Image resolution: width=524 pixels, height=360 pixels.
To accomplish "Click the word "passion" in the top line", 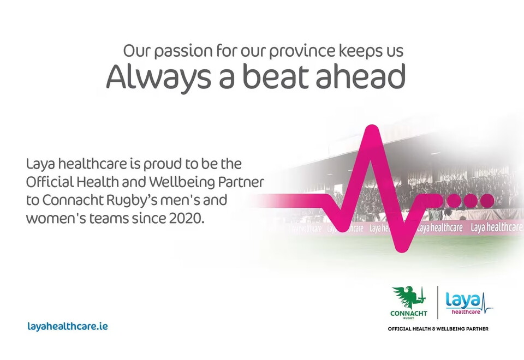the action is (183, 51).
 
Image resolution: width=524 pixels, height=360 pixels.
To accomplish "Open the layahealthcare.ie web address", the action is (68, 326).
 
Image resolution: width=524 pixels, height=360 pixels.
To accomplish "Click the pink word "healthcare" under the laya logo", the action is (466, 312).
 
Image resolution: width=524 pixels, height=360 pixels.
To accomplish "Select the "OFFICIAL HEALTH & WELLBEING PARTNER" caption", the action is (438, 329).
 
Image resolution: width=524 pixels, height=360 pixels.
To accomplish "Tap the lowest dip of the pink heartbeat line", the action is (400, 249).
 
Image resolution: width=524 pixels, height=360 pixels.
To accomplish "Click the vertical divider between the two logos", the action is (437, 303).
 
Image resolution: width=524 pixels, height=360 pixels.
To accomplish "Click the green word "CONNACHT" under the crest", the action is (408, 313).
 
